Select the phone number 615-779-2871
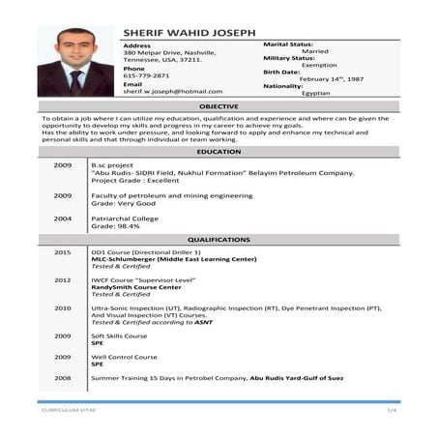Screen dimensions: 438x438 click(146, 75)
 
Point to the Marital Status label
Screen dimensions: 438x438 click(288, 44)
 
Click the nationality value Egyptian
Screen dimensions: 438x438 click(315, 93)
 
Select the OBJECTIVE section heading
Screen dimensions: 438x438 click(219, 105)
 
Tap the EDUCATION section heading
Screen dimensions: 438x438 click(219, 153)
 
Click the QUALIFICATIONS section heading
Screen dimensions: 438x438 click(219, 239)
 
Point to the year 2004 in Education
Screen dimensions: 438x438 click(62, 218)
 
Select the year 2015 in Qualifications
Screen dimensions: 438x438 click(62, 251)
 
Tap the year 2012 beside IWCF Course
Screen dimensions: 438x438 click(62, 279)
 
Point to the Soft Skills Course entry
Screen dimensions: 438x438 click(119, 336)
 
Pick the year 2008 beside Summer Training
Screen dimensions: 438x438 click(62, 377)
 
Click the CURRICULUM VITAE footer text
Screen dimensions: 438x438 click(62, 410)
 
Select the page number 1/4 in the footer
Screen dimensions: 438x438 click(392, 410)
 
